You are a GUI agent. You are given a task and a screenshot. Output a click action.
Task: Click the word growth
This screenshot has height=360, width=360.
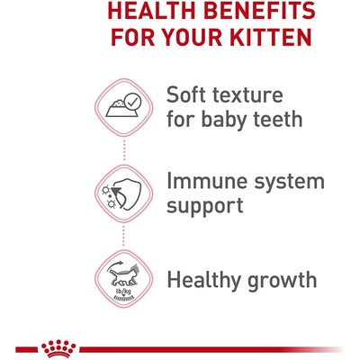tap(288, 280)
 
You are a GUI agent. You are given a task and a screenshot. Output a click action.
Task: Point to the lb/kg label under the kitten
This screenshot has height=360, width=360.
tap(121, 291)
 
